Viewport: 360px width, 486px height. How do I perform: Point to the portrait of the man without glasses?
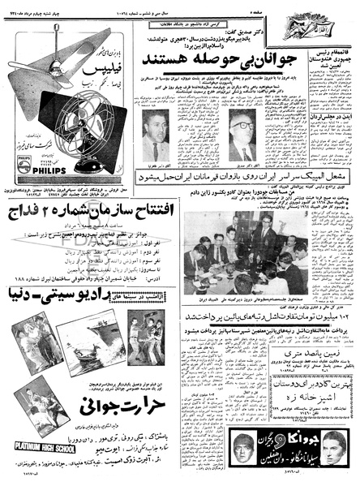pyautogui.click(x=153, y=135)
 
